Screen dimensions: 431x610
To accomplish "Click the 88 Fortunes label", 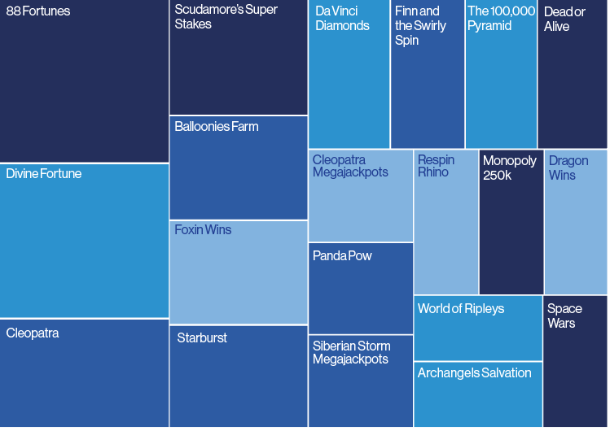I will [38, 11].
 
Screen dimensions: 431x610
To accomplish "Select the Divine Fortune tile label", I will [44, 173].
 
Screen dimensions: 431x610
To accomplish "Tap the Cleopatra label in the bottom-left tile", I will [33, 333].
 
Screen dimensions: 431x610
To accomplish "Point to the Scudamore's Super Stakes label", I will [226, 17].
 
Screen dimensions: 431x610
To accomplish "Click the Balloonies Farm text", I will [216, 126].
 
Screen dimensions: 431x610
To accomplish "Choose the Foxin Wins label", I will [203, 229].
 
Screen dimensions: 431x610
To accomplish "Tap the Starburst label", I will [202, 337].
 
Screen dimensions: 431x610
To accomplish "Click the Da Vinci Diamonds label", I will [343, 18].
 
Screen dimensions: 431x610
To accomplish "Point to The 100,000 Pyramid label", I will [502, 18].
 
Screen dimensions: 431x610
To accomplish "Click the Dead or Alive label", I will [564, 19].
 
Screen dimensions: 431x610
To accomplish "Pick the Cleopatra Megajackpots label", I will [350, 166].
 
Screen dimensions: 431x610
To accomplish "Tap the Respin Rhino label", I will [437, 166].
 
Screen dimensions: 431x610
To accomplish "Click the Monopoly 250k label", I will [509, 168].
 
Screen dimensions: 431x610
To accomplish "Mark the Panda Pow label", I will [342, 255].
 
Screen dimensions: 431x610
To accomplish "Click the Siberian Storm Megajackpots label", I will [351, 352].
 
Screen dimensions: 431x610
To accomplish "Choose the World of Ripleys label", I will [461, 308].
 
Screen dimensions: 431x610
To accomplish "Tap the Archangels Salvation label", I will [474, 372].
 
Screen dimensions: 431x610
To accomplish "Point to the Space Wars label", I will [564, 316].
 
